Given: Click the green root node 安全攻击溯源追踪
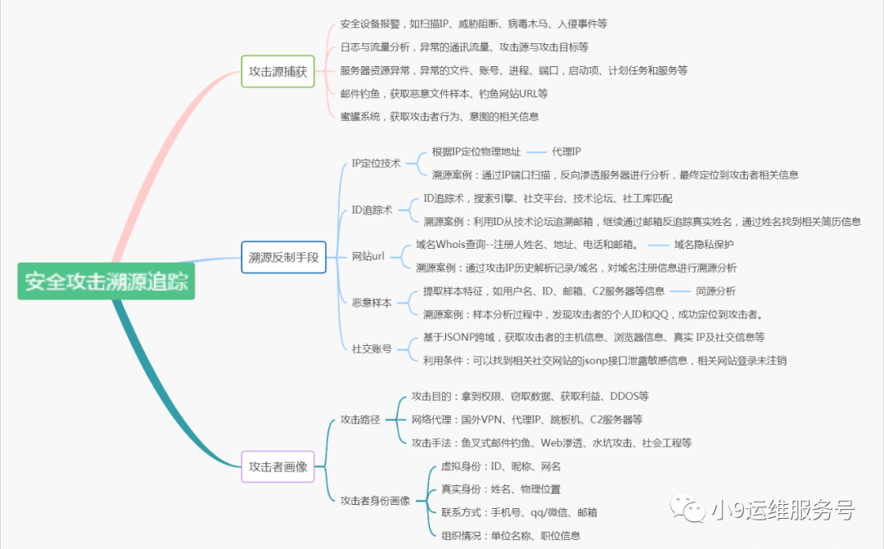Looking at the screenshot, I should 106,282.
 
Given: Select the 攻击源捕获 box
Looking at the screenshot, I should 277,71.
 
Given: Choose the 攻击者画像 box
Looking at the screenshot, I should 277,466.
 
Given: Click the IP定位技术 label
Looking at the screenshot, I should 376,163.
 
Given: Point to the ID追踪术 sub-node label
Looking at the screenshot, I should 372,210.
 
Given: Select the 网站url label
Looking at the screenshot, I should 368,257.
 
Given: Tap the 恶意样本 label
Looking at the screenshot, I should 372,303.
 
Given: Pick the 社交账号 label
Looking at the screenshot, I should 372,349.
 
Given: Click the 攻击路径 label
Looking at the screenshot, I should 360,420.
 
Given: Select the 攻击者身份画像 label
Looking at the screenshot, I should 375,500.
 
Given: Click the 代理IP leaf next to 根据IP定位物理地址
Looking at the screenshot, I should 566,151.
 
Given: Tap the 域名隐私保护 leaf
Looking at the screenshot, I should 704,245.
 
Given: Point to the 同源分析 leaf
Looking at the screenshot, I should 715,290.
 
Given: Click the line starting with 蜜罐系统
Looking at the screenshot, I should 439,116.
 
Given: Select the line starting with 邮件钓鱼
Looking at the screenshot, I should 444,93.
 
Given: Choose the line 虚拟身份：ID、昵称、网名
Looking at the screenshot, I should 501,466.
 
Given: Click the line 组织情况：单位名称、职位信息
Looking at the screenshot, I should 511,535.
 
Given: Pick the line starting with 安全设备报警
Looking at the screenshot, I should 473,24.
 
